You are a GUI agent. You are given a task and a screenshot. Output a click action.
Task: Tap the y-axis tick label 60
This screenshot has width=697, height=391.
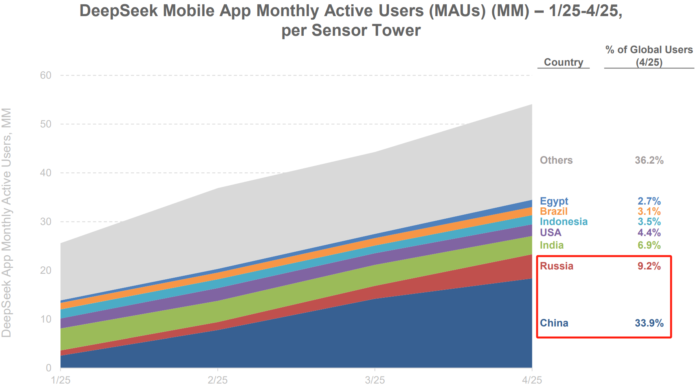tap(46, 75)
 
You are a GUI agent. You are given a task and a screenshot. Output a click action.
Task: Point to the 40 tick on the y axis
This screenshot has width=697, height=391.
tap(46, 173)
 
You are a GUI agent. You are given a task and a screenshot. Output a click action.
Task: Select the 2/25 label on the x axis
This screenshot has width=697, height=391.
tap(218, 380)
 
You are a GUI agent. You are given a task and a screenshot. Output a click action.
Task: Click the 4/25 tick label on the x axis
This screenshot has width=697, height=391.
tap(532, 380)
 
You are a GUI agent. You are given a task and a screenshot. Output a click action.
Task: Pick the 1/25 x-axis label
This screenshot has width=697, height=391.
tap(61, 380)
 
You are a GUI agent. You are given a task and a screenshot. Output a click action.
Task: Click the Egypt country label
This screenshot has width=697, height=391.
tap(554, 201)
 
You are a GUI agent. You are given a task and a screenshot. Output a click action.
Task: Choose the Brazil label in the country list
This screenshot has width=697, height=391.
tap(554, 211)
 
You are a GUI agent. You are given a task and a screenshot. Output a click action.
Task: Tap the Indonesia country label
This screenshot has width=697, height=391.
tap(563, 221)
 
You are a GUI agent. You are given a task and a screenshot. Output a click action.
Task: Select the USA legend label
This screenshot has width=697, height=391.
tap(550, 232)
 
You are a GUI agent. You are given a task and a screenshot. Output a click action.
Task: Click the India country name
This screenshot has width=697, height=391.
tap(552, 245)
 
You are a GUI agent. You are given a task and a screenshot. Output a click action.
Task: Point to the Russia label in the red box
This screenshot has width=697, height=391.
tap(556, 266)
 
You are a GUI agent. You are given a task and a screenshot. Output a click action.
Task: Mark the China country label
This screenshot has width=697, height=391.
tap(554, 323)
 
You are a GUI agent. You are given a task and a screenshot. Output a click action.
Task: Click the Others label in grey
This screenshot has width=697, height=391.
tap(556, 160)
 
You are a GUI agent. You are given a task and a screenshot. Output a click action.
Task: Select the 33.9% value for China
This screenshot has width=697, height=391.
tap(649, 323)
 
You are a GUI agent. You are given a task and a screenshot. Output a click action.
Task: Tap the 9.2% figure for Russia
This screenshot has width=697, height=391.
tap(649, 266)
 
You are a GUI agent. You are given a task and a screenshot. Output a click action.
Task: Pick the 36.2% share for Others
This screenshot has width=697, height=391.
tap(649, 160)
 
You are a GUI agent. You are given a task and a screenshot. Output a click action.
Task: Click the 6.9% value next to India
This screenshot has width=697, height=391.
tap(649, 245)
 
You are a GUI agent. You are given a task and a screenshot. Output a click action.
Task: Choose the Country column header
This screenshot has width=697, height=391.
tap(563, 62)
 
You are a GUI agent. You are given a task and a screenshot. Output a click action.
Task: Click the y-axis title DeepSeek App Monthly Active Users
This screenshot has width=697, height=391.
tap(7, 222)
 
